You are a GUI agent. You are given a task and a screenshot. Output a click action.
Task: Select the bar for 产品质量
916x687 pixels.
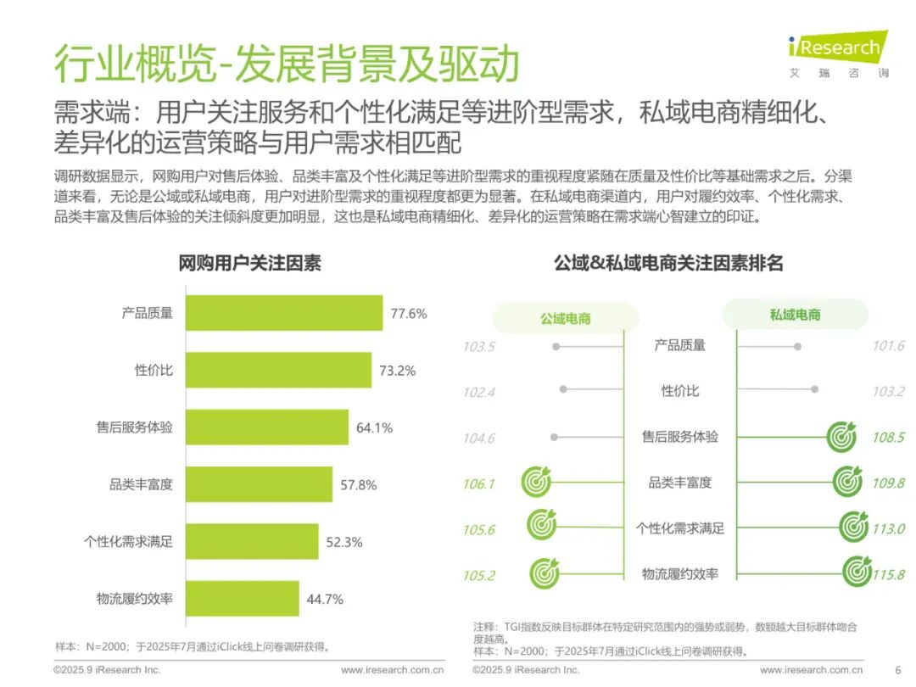[284, 313]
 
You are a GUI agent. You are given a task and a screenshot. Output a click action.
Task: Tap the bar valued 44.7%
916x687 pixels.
[243, 598]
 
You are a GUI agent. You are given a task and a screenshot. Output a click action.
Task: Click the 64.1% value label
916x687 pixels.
[375, 427]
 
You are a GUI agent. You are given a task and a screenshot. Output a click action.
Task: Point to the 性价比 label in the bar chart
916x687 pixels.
[154, 371]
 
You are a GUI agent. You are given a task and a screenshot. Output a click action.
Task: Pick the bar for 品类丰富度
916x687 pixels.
[259, 484]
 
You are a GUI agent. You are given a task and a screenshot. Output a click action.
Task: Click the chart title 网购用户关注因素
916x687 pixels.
[249, 264]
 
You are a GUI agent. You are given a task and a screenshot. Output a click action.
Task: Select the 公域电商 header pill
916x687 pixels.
[566, 318]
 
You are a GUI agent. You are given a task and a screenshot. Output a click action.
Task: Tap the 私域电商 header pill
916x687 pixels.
[795, 315]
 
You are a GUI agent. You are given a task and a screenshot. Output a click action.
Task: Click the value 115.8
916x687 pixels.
[889, 575]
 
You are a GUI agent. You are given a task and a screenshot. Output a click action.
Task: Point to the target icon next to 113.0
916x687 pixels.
[854, 527]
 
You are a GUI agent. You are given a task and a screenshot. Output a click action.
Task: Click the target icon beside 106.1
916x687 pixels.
[536, 482]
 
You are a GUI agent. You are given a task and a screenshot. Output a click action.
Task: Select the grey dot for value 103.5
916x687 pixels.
[556, 346]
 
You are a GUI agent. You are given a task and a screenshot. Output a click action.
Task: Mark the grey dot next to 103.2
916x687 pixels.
[814, 389]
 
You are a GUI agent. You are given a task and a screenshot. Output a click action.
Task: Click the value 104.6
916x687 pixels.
[479, 438]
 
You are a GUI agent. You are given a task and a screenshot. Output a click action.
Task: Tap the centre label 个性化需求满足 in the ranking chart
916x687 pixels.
[680, 528]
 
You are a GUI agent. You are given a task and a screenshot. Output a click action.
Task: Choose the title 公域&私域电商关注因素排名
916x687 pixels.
[668, 264]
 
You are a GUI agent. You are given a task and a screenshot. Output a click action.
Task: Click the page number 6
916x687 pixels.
[898, 670]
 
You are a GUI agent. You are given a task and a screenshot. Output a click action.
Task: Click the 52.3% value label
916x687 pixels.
[344, 542]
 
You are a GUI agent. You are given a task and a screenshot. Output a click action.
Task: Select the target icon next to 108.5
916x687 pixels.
[842, 437]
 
